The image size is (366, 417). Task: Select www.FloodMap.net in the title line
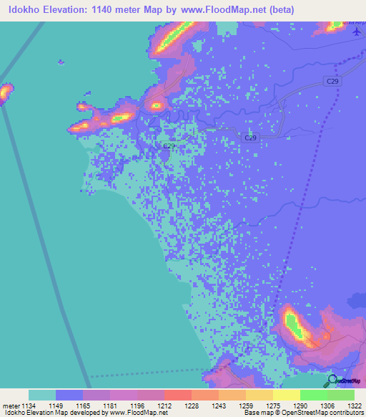(222, 9)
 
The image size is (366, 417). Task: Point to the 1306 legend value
(328, 406)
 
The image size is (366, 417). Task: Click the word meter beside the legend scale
(10, 406)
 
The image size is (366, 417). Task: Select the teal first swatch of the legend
(42, 395)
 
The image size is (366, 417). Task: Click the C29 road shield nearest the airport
(332, 82)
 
